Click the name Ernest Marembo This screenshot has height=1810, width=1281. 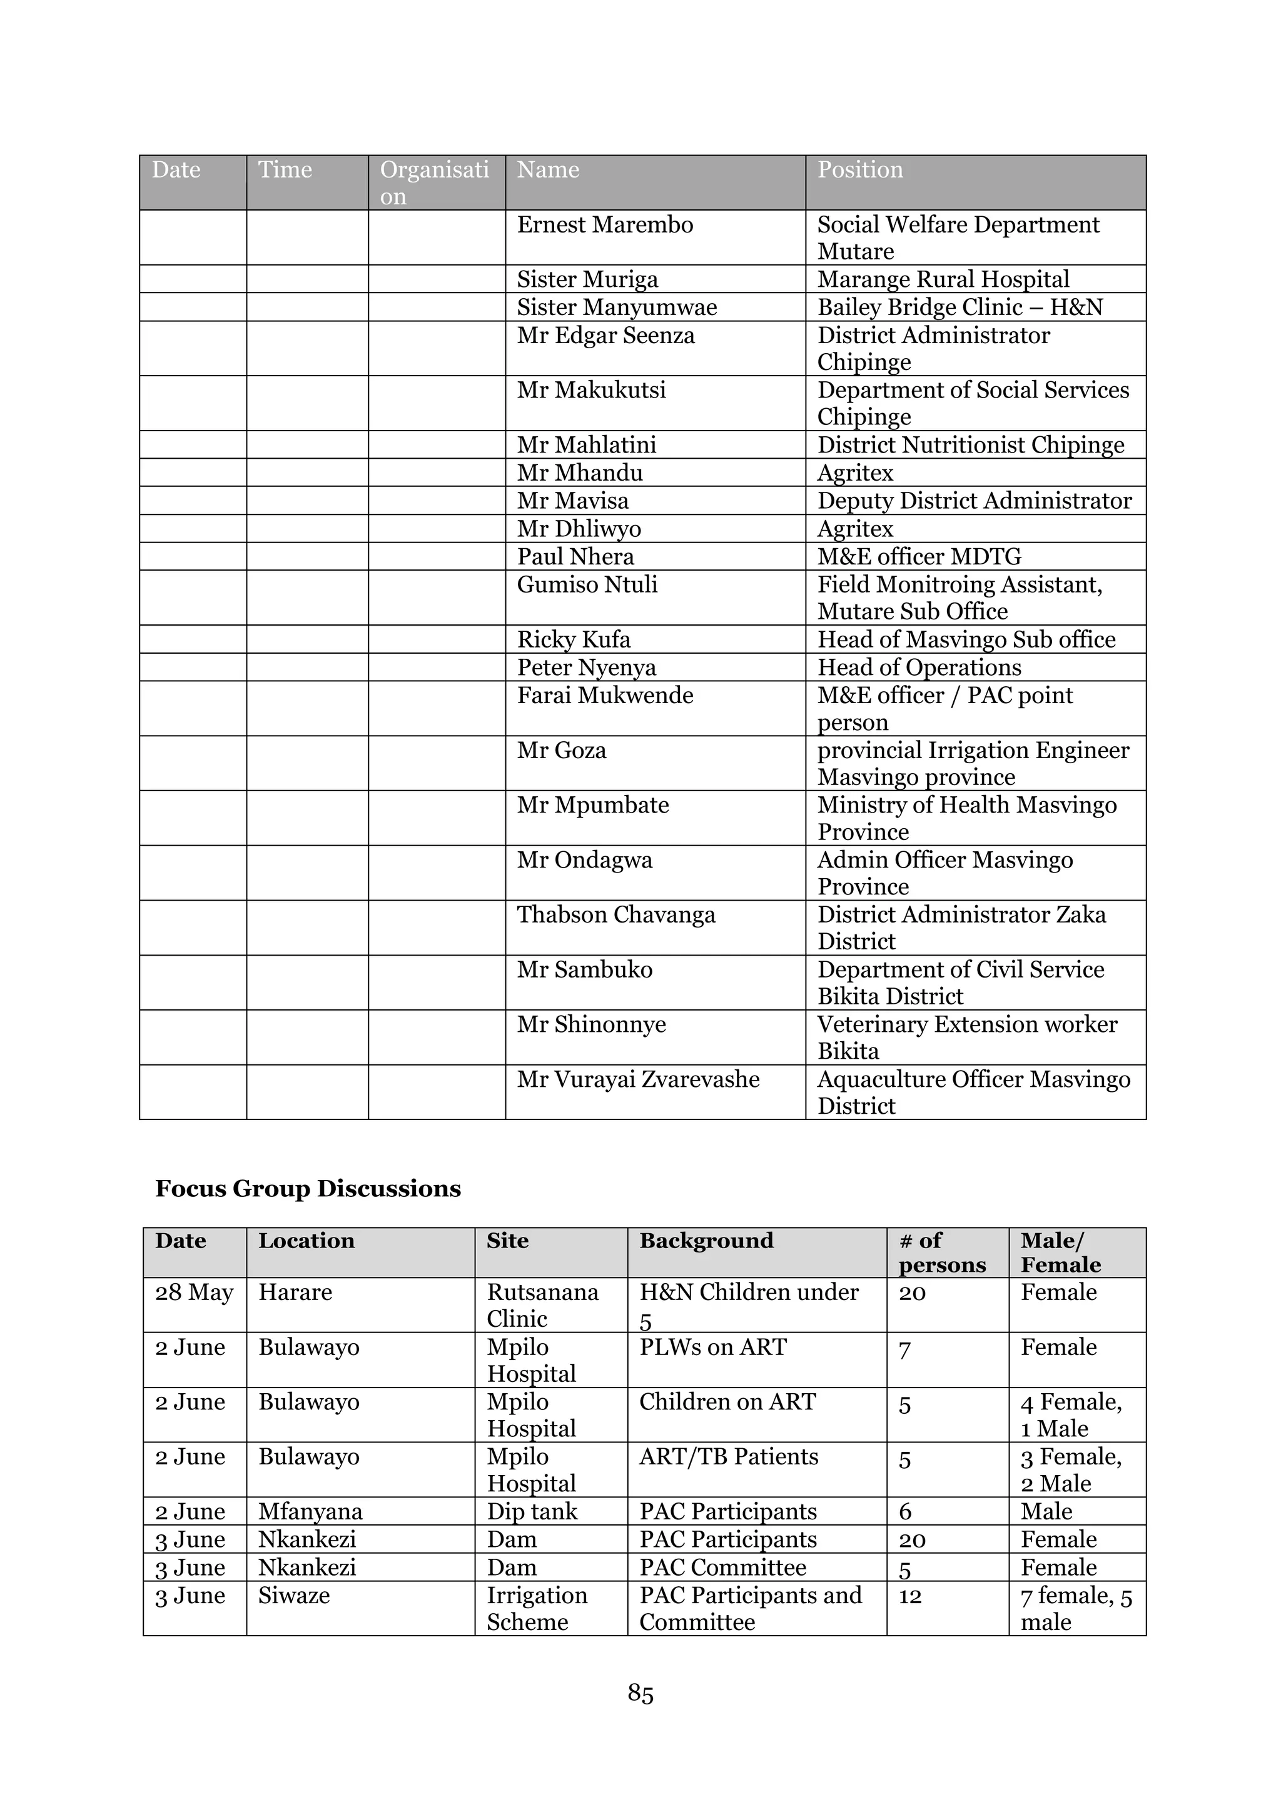click(605, 226)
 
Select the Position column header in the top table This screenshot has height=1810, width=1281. click(860, 170)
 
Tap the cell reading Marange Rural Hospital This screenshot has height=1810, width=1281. click(943, 279)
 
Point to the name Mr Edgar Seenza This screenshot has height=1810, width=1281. click(606, 336)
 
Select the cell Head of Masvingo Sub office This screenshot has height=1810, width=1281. click(966, 639)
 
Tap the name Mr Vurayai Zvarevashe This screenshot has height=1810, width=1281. click(638, 1079)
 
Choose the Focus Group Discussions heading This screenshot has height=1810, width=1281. click(308, 1189)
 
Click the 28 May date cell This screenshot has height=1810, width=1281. click(194, 1293)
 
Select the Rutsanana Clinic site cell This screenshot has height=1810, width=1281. click(543, 1306)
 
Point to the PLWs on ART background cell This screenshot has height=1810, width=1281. click(713, 1347)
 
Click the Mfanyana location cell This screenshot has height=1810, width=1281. click(310, 1512)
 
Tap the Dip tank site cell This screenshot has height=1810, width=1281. click(532, 1512)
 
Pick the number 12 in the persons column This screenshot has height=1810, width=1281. click(909, 1596)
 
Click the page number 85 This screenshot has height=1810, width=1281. click(640, 1693)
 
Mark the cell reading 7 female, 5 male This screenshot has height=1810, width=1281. click(1076, 1609)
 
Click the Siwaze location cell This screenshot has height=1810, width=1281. click(293, 1596)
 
